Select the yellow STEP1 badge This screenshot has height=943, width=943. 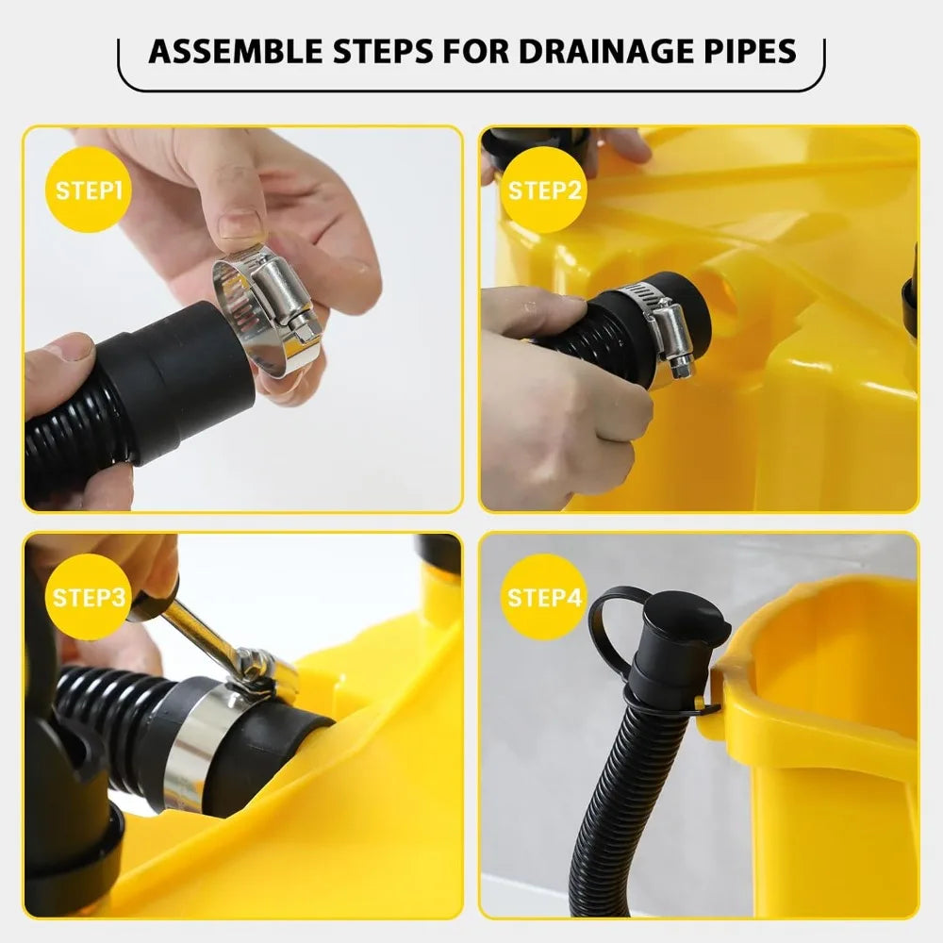pyautogui.click(x=89, y=190)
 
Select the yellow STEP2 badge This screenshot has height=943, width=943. pyautogui.click(x=544, y=190)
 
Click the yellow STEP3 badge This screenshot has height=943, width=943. pyautogui.click(x=89, y=597)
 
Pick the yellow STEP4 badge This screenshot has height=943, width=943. pyautogui.click(x=544, y=597)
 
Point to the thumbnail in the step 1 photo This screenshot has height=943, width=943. pyautogui.click(x=239, y=225)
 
